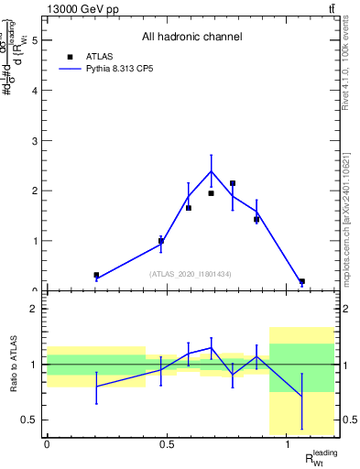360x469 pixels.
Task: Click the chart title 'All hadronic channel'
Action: click(191, 37)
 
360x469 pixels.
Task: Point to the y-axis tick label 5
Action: click(34, 40)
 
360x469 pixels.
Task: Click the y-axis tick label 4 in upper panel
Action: click(34, 91)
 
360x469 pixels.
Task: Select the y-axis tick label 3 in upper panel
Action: click(34, 141)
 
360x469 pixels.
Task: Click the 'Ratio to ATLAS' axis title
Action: click(12, 365)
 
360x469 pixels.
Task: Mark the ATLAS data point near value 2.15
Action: click(233, 183)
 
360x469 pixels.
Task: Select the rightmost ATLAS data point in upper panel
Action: click(302, 281)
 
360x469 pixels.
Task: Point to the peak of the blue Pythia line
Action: click(212, 171)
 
